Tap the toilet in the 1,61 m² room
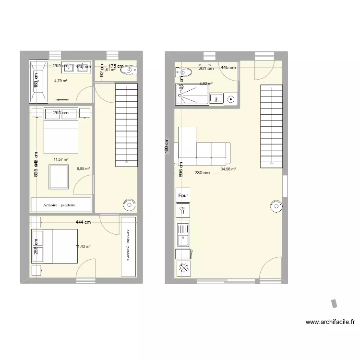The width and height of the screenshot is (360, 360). click(127, 71)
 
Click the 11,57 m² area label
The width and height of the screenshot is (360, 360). click(61, 159)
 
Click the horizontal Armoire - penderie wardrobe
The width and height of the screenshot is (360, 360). click(61, 204)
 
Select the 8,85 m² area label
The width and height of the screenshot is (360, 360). click(84, 168)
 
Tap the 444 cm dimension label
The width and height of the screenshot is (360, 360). click(83, 222)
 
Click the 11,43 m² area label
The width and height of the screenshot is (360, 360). click(84, 246)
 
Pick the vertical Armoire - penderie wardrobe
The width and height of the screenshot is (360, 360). click(128, 246)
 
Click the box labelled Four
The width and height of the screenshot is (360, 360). click(183, 195)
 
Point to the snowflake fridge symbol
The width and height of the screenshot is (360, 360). click(183, 269)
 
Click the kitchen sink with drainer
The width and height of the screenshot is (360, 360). click(183, 235)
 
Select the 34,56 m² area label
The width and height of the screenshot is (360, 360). click(228, 169)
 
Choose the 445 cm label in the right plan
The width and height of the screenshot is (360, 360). click(228, 68)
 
